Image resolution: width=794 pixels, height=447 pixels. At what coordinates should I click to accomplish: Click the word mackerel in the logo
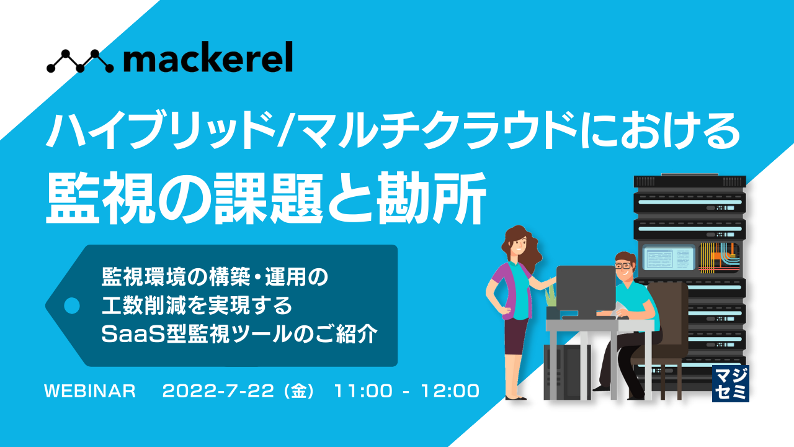[208, 60]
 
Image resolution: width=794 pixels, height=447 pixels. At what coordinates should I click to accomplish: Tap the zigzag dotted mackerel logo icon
[80, 60]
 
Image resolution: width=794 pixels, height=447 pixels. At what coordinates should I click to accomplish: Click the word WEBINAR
[90, 391]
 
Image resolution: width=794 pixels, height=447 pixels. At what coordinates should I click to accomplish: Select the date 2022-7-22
[217, 391]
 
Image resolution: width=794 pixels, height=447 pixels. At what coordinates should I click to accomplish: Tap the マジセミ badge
[731, 384]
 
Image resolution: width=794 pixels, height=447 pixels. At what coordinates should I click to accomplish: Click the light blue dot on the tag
[73, 305]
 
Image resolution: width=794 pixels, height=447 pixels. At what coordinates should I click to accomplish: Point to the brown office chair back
[670, 310]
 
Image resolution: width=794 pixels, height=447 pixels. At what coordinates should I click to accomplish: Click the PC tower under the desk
[564, 372]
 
